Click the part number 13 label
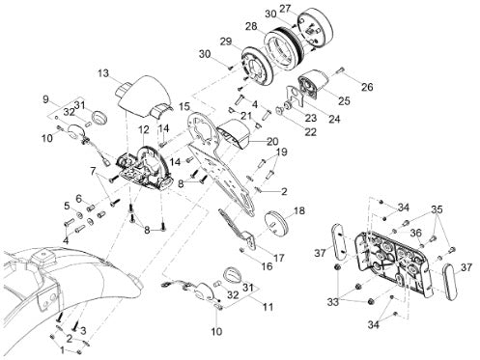point(103,73)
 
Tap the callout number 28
point(251,26)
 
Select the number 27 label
point(285,9)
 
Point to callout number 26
point(367,87)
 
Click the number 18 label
point(299,211)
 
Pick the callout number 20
point(272,141)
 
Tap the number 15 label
point(184,106)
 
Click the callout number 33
point(333,302)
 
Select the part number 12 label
point(144,130)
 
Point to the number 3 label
point(83,330)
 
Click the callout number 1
point(62,349)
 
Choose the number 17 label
point(279,258)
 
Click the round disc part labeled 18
point(276,222)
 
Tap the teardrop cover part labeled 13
point(143,97)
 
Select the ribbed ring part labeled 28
point(283,47)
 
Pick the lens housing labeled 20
point(235,133)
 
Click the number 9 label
point(45,99)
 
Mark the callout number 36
point(415,233)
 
